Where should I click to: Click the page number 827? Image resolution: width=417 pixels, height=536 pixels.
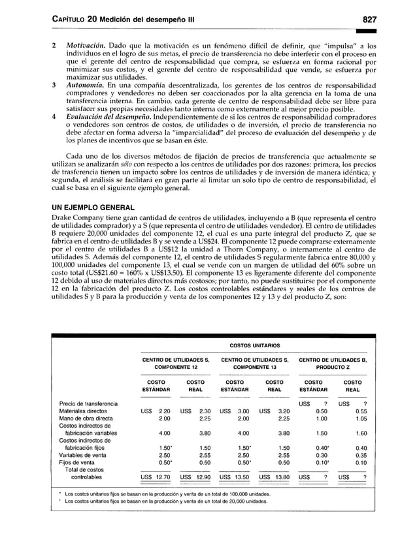[380, 20]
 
